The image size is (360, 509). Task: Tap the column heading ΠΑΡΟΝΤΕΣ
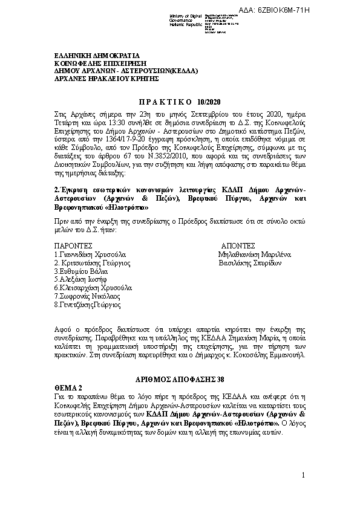tap(74, 247)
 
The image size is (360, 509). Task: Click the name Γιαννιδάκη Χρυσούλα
tap(90, 255)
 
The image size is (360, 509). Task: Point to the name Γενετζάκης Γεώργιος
tap(87, 305)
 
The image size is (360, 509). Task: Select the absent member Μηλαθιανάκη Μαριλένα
tap(255, 255)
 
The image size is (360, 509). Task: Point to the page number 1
tap(303, 477)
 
